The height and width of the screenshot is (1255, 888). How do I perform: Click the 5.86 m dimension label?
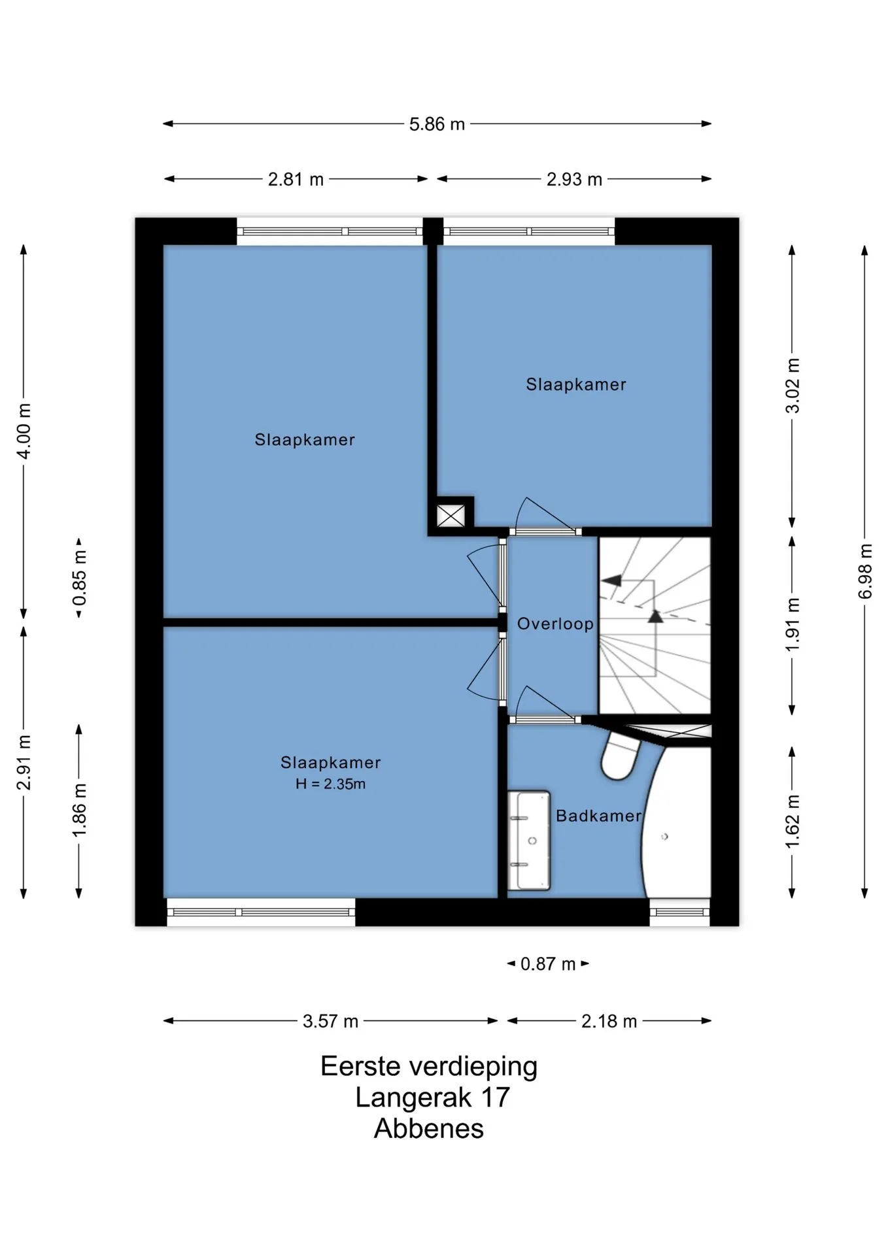click(437, 124)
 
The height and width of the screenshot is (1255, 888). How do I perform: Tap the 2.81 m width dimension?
click(296, 179)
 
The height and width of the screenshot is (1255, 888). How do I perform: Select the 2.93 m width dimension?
click(574, 179)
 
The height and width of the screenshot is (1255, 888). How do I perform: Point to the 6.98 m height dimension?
click(865, 571)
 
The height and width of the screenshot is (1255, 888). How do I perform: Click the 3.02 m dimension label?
click(793, 386)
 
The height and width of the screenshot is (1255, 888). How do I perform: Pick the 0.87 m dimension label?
click(548, 964)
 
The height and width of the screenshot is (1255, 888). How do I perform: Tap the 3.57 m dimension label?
click(330, 1021)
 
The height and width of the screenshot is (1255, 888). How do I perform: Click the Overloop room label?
click(555, 624)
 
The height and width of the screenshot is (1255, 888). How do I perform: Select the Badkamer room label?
click(599, 816)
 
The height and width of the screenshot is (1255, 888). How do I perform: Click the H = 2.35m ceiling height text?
click(330, 784)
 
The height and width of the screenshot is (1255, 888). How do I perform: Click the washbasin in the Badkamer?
click(529, 841)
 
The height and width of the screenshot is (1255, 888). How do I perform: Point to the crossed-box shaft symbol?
click(451, 516)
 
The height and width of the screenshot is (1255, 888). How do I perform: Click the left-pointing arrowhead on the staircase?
click(611, 580)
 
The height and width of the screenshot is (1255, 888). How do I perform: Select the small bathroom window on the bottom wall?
click(679, 912)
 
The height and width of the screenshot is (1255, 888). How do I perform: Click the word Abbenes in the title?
click(429, 1129)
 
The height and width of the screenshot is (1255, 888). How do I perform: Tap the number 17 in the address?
click(495, 1097)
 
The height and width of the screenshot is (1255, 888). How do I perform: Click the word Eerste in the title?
click(360, 1067)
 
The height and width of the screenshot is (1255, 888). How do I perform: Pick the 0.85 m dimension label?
click(80, 578)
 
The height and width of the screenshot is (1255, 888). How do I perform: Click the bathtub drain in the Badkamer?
click(665, 837)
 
